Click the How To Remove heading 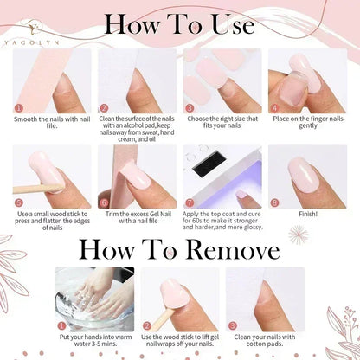(180, 249)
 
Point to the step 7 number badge (188, 201)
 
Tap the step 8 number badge (273, 201)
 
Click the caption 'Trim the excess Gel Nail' (137, 217)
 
